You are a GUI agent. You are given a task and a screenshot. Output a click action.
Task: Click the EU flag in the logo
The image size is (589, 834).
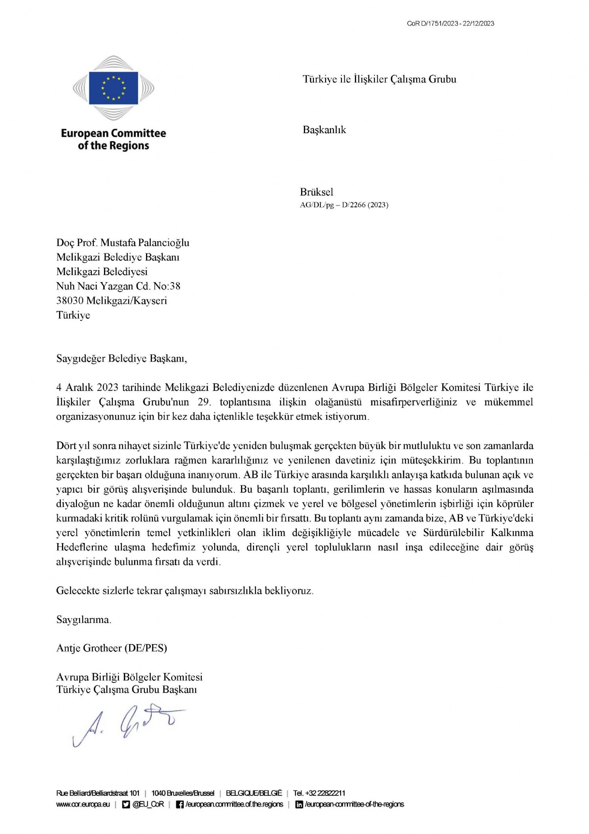click(113, 88)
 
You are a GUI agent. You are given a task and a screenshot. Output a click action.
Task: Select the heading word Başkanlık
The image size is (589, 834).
click(324, 130)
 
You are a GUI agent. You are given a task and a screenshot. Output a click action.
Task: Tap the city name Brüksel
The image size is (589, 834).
click(316, 192)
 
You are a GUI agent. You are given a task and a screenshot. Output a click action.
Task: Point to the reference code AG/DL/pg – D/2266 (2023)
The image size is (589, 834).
click(344, 205)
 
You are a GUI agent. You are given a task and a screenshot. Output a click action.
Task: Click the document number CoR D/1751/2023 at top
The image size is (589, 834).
click(433, 24)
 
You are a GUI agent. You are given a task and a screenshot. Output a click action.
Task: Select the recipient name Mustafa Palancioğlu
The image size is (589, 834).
click(145, 243)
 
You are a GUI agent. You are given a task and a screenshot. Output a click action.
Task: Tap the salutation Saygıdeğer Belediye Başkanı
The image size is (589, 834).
click(122, 359)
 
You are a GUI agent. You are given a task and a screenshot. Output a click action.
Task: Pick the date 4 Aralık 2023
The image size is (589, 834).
click(87, 388)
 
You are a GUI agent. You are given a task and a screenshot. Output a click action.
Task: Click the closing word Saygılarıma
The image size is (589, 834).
click(84, 620)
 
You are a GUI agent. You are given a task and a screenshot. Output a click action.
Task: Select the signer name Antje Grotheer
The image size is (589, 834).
click(89, 648)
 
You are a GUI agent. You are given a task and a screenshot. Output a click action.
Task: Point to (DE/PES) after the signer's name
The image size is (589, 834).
click(146, 648)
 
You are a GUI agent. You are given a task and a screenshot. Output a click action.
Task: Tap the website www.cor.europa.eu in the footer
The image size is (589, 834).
click(83, 805)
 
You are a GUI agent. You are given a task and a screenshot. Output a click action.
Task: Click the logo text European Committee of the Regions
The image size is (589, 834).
click(113, 140)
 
